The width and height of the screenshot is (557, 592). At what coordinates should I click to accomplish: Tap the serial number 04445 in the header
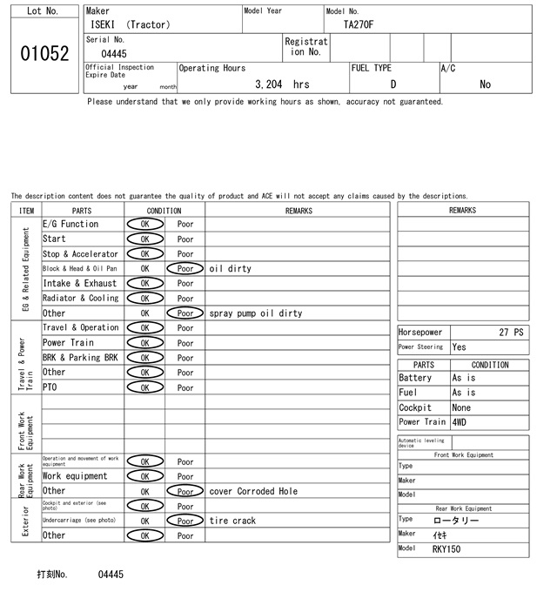click(114, 54)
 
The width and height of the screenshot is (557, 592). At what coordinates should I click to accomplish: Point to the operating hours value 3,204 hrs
click(282, 84)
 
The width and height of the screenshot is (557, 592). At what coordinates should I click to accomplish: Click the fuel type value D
click(393, 84)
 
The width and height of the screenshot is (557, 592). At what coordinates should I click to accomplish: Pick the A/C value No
click(485, 84)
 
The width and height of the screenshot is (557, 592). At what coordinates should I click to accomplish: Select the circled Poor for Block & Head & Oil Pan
click(185, 269)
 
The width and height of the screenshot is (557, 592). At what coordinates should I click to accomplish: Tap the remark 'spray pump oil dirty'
click(256, 313)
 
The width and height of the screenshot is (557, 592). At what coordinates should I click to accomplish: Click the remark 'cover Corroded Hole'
click(253, 491)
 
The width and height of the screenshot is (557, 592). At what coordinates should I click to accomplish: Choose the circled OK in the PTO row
click(144, 387)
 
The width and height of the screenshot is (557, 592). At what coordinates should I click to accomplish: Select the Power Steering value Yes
click(459, 347)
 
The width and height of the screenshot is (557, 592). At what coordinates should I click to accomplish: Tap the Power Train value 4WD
click(460, 422)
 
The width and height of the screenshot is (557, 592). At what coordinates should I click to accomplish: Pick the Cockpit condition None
click(461, 407)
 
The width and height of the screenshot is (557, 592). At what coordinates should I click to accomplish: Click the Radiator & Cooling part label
click(80, 299)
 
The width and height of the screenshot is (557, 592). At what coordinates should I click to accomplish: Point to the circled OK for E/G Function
click(144, 225)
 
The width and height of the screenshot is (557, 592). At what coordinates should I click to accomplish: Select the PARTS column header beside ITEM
click(82, 211)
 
